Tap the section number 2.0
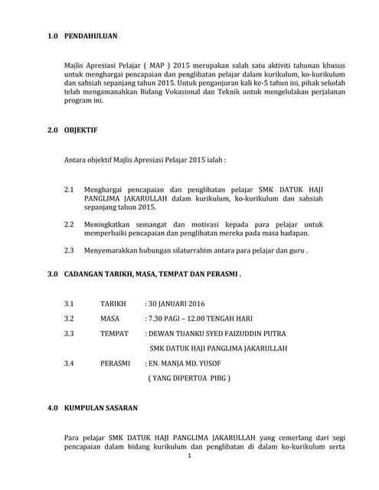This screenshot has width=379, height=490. pos(53,131)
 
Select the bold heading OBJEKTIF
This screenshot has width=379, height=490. pos(81,131)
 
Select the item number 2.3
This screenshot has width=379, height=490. pos(69,250)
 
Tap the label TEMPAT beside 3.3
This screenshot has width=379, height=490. pos(116,333)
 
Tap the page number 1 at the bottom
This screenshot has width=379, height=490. pos(189,457)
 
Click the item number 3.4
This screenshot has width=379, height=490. pos(69,363)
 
